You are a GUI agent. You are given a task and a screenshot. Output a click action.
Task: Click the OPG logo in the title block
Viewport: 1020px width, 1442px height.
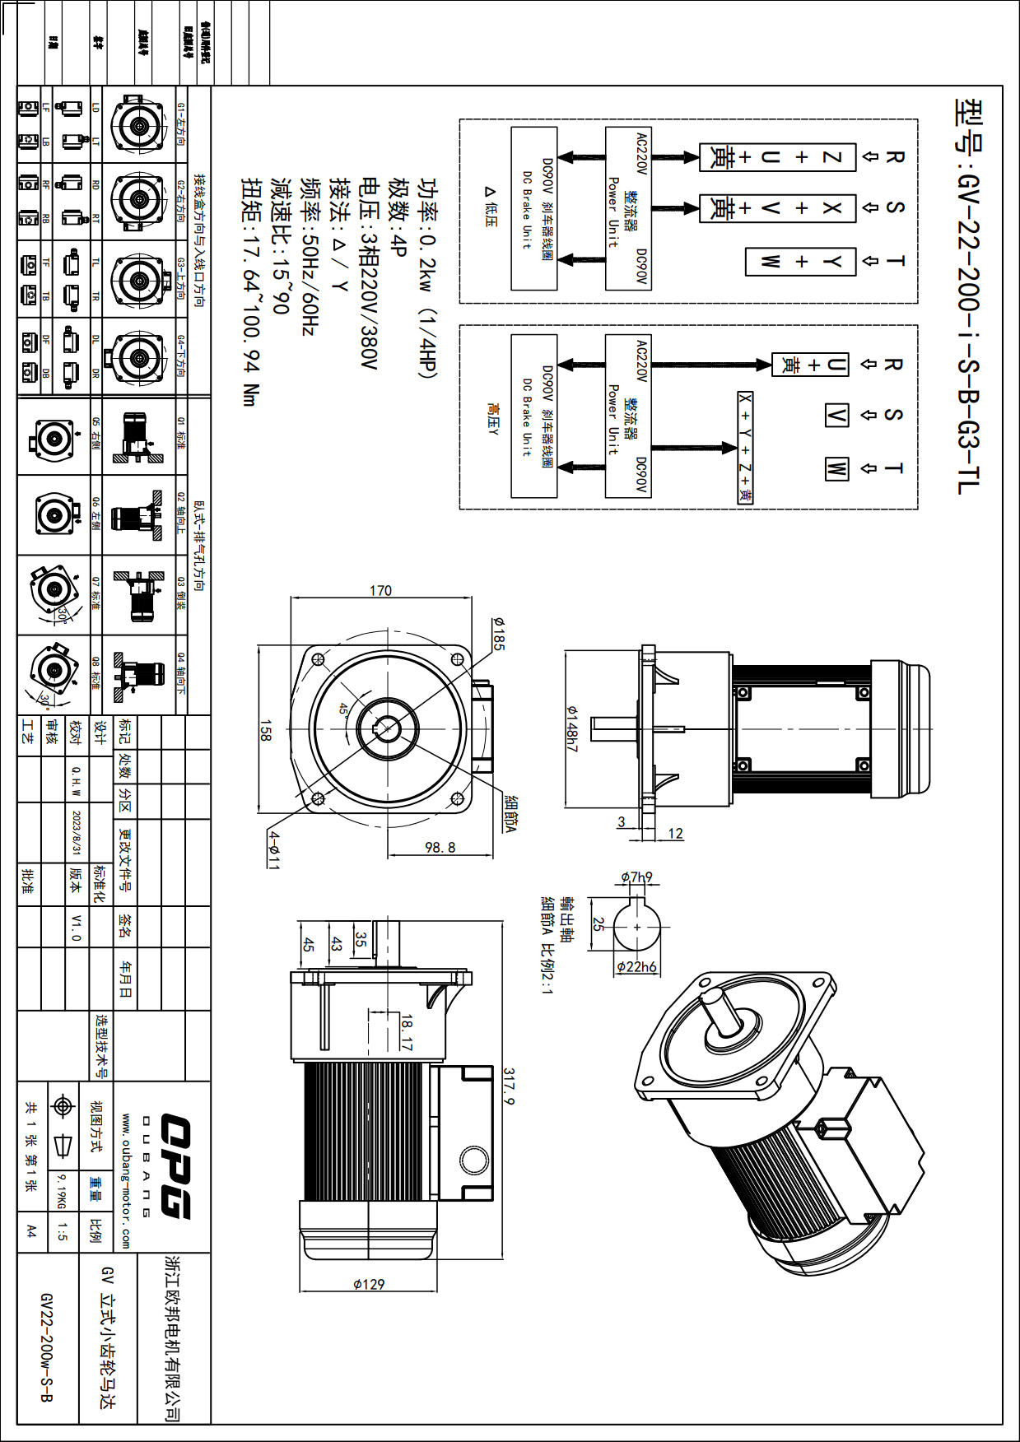point(175,1165)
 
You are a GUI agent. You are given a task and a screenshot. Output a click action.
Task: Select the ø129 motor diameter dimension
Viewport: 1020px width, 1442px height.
point(369,1283)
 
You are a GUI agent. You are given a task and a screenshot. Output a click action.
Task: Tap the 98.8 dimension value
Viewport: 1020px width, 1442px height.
point(440,847)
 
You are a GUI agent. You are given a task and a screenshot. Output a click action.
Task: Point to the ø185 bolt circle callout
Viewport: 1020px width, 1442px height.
point(498,634)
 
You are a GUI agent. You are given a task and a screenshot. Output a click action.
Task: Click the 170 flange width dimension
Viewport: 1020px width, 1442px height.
point(380,590)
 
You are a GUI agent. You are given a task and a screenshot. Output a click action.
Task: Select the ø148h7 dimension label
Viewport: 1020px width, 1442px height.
point(572,728)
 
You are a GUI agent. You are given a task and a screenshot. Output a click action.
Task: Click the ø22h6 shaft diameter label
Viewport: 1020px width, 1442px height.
point(637,966)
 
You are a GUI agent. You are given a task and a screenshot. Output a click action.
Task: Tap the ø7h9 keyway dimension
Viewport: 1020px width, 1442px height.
point(636,877)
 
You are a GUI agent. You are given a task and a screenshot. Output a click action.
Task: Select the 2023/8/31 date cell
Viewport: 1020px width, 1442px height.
point(77,832)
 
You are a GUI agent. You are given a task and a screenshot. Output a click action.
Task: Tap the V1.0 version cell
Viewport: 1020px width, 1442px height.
point(76,927)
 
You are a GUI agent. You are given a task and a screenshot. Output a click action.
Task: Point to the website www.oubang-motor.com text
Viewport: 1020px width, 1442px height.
point(126,1180)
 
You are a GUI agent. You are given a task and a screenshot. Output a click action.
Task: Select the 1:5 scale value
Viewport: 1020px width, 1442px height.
point(62,1231)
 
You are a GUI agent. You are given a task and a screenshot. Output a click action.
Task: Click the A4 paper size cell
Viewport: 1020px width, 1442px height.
point(31,1231)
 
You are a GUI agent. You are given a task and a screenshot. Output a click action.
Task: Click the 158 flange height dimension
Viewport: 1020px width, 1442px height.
point(265,730)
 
